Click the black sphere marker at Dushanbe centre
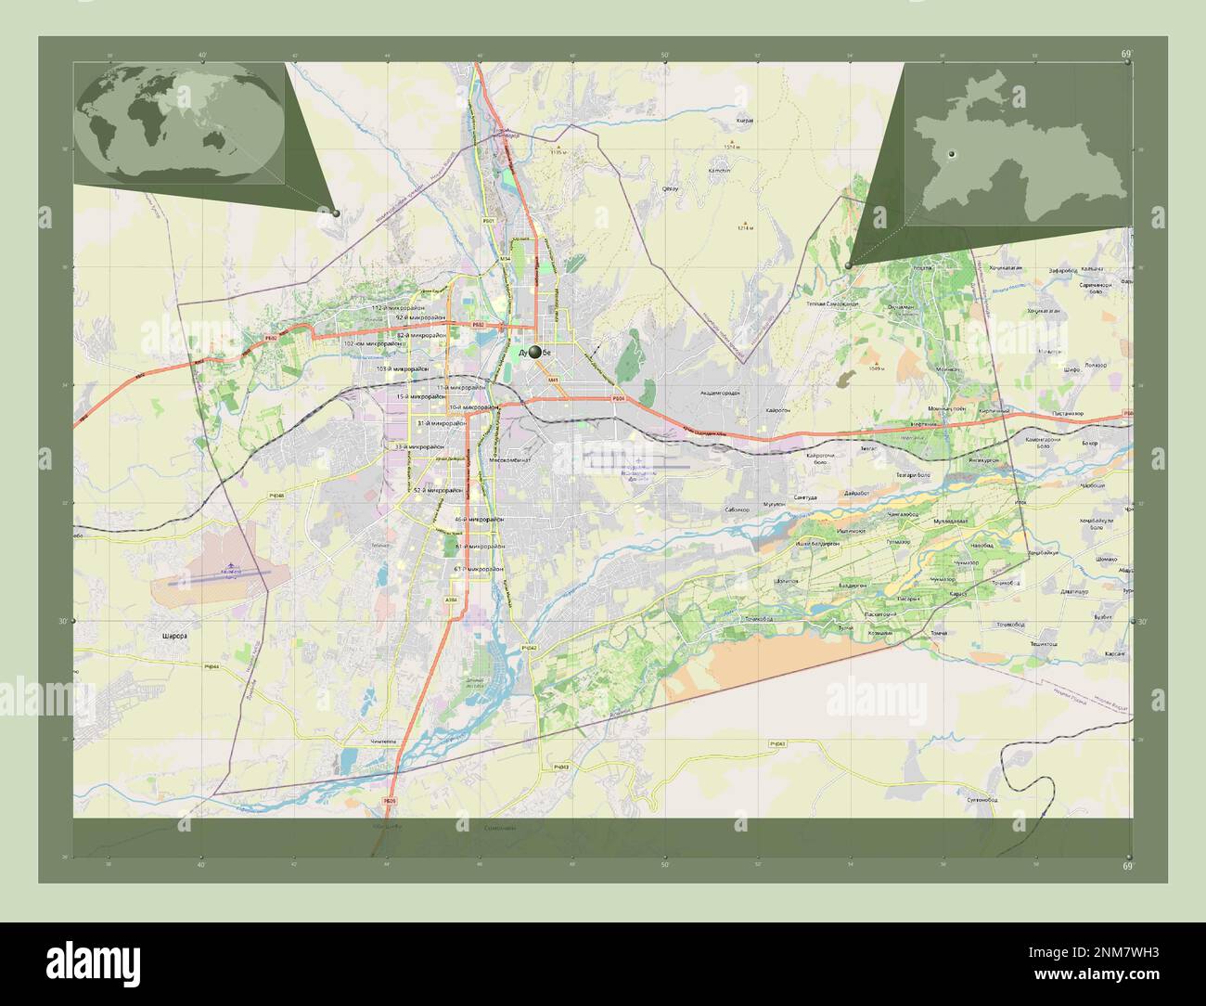coord(535,352)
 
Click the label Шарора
coord(174,637)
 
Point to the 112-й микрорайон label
coord(398,307)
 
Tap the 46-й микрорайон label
coord(480,520)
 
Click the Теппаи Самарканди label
coord(831,304)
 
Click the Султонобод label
coord(981,799)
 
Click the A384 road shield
coord(452,600)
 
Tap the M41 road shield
coord(553,380)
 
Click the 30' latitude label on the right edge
coord(1143,622)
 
